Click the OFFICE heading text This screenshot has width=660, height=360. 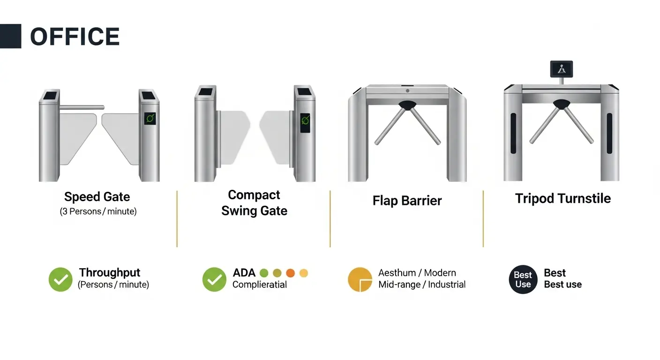[x=75, y=37]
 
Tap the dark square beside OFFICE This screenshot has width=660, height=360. [x=11, y=36]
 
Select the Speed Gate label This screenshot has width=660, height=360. [x=97, y=197]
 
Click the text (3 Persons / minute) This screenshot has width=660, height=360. [x=98, y=211]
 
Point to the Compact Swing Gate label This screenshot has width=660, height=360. [x=254, y=202]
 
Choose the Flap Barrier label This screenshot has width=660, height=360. [x=407, y=201]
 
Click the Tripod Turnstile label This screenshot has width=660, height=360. [x=563, y=198]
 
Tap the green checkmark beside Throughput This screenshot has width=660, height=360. [x=60, y=279]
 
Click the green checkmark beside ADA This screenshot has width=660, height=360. [x=214, y=279]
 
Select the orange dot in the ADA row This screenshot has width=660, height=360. [x=290, y=273]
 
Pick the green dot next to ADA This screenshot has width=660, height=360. [x=264, y=273]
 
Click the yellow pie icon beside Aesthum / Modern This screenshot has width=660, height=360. [x=360, y=279]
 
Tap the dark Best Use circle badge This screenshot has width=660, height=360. [x=523, y=279]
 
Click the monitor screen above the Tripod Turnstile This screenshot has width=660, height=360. [x=562, y=69]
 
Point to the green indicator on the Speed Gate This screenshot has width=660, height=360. [x=150, y=119]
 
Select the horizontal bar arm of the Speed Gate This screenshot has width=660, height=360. [x=82, y=107]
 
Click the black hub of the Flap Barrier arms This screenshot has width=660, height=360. [x=407, y=105]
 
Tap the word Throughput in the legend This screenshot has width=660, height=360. [x=110, y=272]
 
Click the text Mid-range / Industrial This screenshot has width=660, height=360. [x=422, y=285]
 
